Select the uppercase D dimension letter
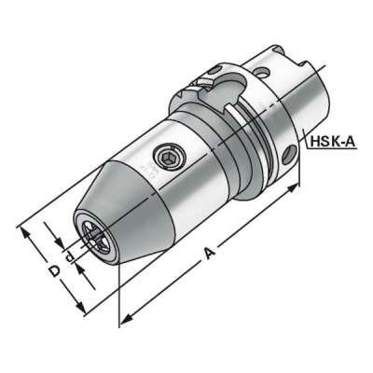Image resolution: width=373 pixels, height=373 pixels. [x=54, y=270]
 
